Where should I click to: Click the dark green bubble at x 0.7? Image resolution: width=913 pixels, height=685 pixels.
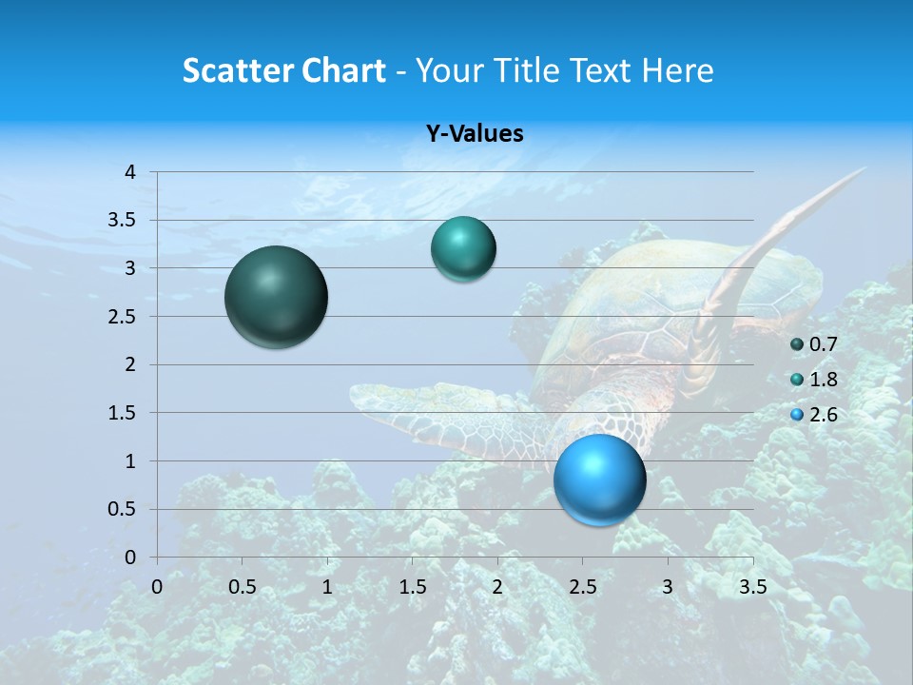(x=276, y=297)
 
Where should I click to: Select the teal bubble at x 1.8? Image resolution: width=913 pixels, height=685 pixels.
(x=463, y=249)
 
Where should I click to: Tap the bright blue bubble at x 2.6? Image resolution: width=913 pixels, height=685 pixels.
(x=599, y=479)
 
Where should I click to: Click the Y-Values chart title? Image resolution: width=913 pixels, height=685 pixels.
(x=475, y=134)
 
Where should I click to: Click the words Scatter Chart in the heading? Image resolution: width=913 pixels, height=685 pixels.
(x=283, y=70)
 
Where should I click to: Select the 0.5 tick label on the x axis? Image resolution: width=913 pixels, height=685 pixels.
(x=242, y=587)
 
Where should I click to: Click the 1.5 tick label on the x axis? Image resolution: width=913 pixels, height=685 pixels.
(x=412, y=587)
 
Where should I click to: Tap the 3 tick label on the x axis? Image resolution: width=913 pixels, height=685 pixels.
(x=668, y=587)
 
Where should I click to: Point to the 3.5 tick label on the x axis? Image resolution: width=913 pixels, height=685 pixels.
(x=752, y=587)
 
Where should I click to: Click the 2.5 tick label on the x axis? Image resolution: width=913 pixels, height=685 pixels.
(x=582, y=587)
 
